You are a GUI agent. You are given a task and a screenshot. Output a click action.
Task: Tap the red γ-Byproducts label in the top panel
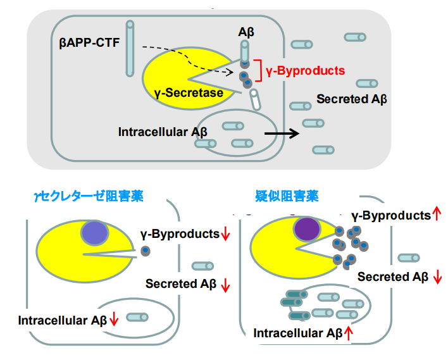click(306, 70)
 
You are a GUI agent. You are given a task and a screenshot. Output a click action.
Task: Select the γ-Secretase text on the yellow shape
click(189, 93)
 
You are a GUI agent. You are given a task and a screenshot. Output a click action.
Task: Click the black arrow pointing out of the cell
click(282, 133)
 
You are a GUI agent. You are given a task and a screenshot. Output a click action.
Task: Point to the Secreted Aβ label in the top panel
click(351, 99)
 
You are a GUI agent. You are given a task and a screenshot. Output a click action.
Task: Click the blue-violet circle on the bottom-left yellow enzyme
click(94, 233)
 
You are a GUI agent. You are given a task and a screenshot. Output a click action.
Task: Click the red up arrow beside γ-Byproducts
click(436, 215)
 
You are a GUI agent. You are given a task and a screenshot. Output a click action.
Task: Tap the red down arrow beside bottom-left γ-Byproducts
click(225, 234)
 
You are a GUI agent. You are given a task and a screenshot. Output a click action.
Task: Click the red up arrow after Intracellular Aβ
click(347, 333)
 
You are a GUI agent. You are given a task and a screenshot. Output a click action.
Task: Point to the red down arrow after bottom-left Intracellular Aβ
click(114, 320)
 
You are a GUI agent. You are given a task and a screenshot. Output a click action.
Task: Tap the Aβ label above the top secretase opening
click(246, 33)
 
